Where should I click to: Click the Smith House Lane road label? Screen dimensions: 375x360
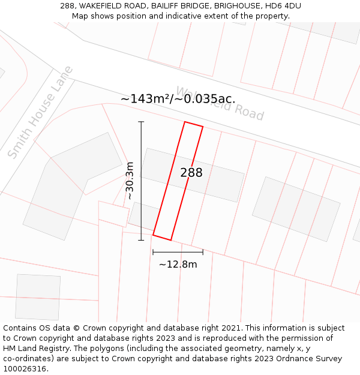[40, 112]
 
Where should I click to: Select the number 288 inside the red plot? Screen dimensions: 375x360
[191, 173]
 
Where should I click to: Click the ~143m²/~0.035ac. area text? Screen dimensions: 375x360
[178, 99]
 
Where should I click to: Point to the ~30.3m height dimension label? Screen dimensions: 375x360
[130, 181]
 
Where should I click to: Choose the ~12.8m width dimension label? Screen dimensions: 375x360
[178, 264]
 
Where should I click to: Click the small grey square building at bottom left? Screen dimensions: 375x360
[38, 296]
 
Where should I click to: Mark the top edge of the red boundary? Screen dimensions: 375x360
[193, 124]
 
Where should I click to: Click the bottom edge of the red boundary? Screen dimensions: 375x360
[162, 238]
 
